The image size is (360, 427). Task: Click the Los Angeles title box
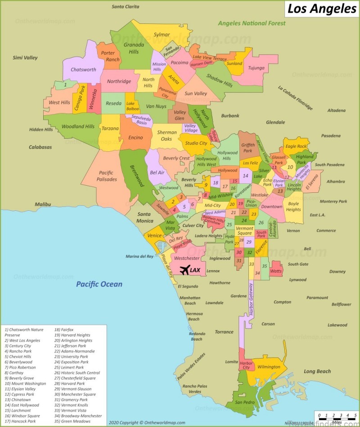[x=321, y=9]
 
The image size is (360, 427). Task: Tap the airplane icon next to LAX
[x=184, y=270]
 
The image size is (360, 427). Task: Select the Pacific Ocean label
[x=99, y=284]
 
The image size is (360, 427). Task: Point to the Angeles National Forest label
[x=252, y=23]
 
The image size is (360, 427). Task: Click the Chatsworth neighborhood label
[x=83, y=70]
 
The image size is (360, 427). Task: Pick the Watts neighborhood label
[x=276, y=271]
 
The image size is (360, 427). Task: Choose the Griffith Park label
[x=247, y=148]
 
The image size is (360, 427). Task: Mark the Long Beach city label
[x=317, y=372]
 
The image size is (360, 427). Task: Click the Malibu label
[x=43, y=204]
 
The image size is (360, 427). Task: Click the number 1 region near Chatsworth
[x=65, y=84]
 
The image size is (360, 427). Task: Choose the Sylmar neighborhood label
[x=162, y=35]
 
